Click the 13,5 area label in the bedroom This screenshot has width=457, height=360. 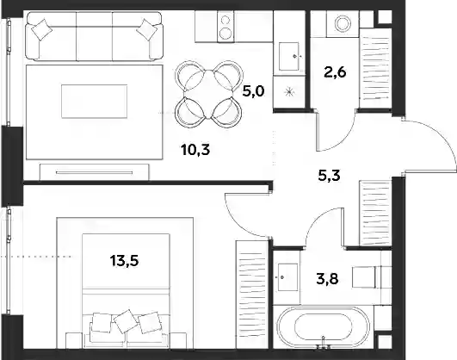click(x=125, y=261)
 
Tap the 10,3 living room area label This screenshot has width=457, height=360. click(x=195, y=150)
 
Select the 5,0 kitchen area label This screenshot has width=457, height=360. click(x=254, y=91)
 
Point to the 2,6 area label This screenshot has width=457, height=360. click(x=335, y=71)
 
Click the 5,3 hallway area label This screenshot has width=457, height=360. click(x=330, y=176)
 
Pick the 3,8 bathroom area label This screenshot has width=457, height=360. click(x=327, y=278)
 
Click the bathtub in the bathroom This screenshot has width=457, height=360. click(x=324, y=327)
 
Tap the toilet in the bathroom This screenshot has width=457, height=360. click(x=367, y=276)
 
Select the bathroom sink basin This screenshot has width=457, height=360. click(x=288, y=277)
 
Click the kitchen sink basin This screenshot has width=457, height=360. click(x=289, y=56)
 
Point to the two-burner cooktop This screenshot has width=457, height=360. click(x=225, y=27)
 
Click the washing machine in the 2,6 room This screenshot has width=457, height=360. click(x=343, y=24)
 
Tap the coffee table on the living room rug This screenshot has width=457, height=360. click(x=95, y=102)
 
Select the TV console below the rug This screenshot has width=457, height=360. click(x=95, y=172)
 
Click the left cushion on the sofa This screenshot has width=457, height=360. click(x=42, y=30)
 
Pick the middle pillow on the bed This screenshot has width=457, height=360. click(x=126, y=321)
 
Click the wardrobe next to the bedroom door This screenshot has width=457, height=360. click(x=252, y=294)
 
